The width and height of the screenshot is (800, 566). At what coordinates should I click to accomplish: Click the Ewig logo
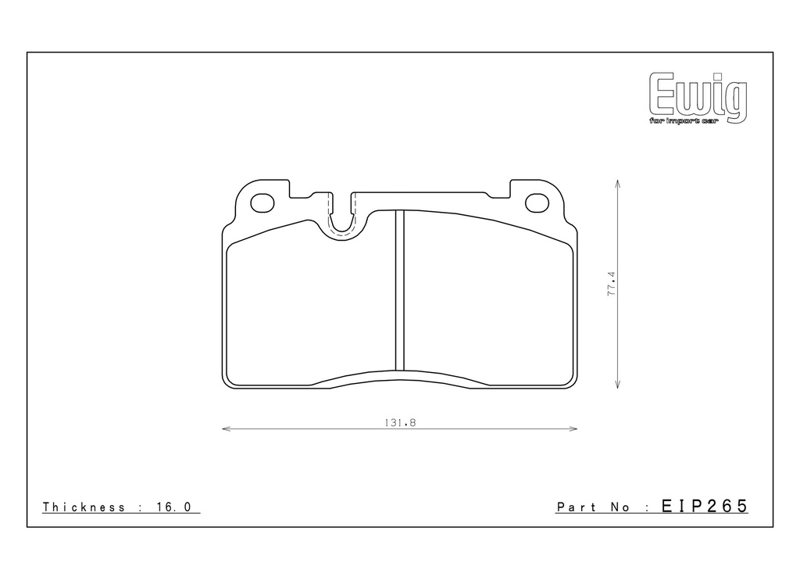coord(698,98)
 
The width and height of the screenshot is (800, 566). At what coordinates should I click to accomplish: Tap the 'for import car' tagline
coord(684,121)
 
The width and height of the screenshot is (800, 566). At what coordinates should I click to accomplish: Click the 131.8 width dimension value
coord(400,423)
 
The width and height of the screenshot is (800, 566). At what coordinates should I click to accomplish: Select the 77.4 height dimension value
coord(612,284)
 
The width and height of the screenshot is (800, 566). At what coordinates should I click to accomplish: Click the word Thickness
coord(84,507)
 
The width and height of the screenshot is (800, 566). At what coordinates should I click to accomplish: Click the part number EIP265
coord(705,506)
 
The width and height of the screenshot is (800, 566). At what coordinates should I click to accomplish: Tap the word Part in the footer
coord(577,507)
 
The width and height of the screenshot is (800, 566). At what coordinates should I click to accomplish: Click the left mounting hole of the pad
coord(262,202)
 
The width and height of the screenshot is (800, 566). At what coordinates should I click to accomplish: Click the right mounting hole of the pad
coord(537,202)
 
